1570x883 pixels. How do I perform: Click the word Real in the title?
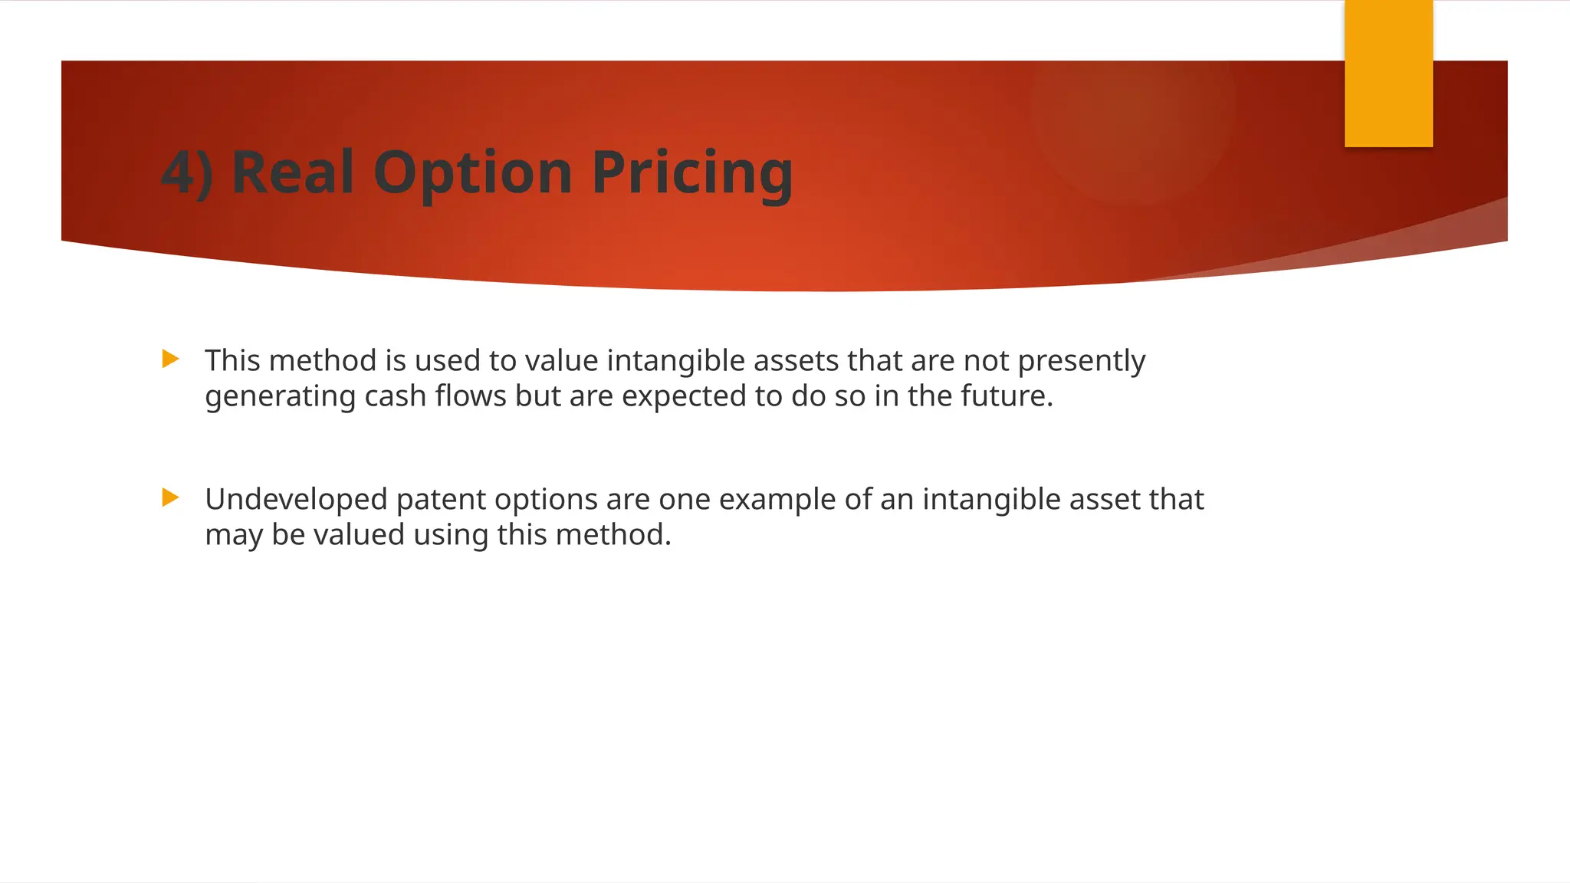pos(292,172)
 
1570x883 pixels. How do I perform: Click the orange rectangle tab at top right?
pos(1388,74)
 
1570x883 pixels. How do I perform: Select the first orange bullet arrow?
pos(171,359)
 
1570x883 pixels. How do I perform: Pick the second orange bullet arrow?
pos(171,497)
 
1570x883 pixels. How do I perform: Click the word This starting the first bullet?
pos(232,360)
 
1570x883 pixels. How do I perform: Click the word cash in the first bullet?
pos(395,396)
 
